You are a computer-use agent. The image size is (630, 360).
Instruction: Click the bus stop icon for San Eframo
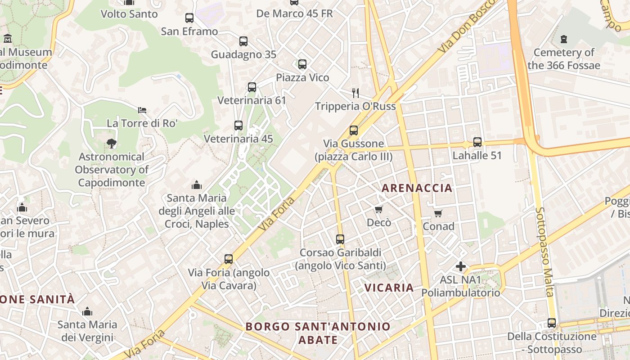coord(189,18)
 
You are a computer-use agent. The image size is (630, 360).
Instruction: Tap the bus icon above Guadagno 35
coord(243,41)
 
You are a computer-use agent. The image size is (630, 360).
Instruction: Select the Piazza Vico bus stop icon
coord(302,64)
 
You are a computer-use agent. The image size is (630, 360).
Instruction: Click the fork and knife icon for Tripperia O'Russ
coord(355,93)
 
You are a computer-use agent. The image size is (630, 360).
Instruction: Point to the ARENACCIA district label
coord(417,188)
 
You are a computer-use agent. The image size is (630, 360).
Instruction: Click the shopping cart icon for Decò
coord(379,209)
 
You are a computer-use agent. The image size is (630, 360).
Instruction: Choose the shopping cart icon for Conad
coord(438,213)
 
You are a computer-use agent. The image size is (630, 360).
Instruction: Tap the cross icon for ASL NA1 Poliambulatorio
coord(461,266)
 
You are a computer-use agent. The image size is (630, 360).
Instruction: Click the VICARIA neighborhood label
coord(389,288)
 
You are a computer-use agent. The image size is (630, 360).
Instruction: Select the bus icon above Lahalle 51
coord(477,142)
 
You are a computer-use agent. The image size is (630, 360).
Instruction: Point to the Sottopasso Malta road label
coord(544,252)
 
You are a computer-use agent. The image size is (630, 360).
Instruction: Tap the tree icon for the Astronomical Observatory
coord(111,144)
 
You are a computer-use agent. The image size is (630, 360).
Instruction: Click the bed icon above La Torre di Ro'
coord(142,110)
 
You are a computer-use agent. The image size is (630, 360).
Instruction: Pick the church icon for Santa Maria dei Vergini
coord(87,311)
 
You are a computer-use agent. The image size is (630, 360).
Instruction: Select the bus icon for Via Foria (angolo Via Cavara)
coord(229,259)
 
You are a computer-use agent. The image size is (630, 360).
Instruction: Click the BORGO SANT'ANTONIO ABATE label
coord(318,333)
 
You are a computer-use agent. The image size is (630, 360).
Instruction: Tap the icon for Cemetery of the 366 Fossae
coord(564,39)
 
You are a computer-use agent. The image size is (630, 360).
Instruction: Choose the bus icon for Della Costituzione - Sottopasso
coord(552,323)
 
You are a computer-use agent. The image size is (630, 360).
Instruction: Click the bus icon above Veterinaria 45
coord(238,126)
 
